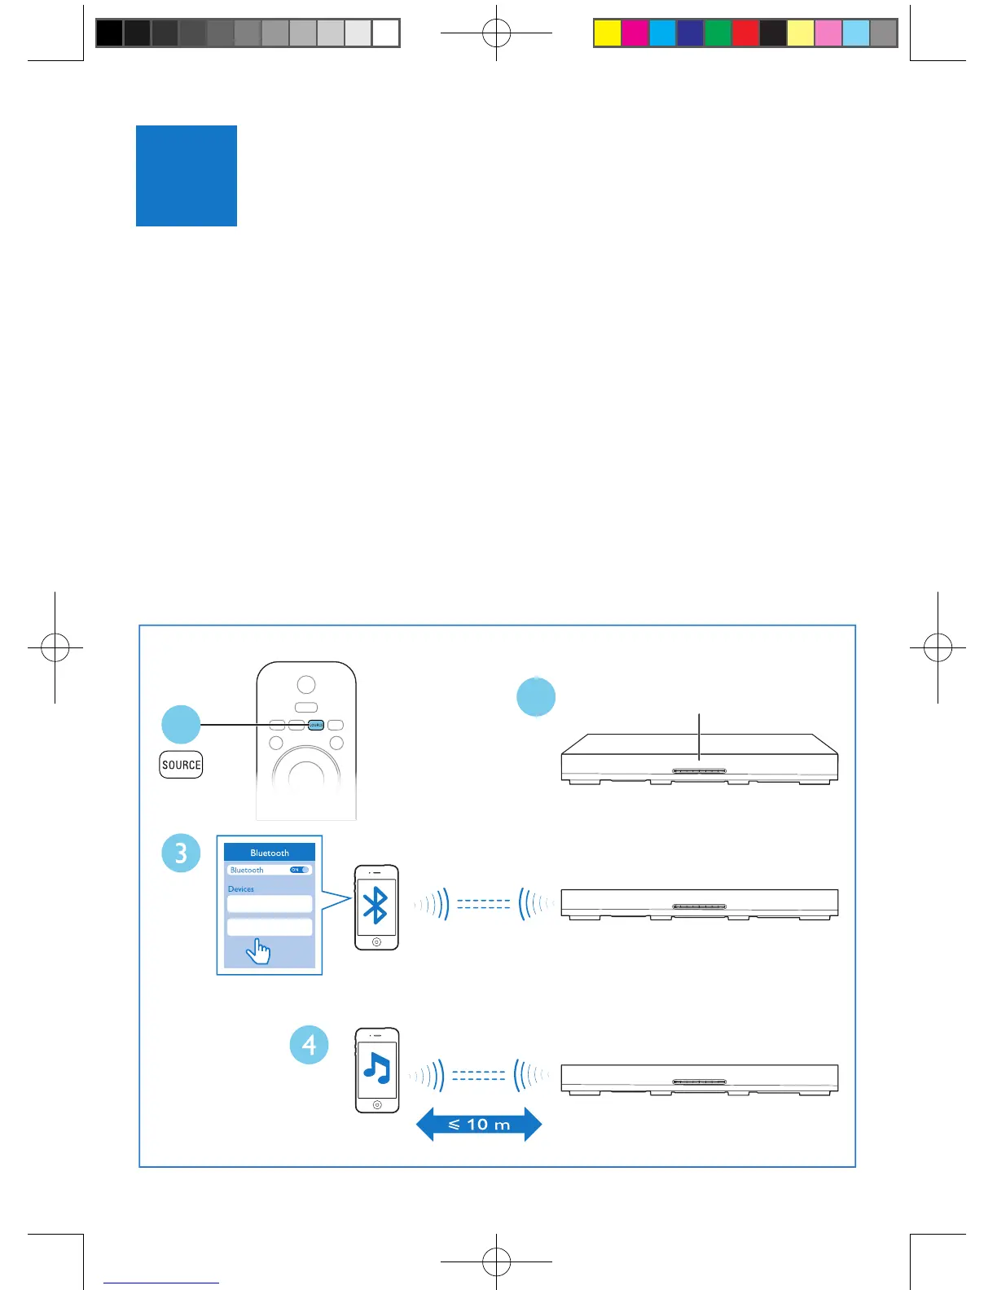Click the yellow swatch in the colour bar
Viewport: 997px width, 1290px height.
(x=608, y=33)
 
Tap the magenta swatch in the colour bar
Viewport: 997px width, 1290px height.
(x=635, y=33)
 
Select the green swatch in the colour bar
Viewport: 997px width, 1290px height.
(x=718, y=33)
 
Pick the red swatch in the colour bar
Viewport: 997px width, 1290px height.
(x=745, y=33)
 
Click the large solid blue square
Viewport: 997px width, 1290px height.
(x=187, y=176)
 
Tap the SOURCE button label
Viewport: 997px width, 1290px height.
(x=181, y=765)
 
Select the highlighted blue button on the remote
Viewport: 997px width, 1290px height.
(x=316, y=725)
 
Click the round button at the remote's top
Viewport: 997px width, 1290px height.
(x=305, y=684)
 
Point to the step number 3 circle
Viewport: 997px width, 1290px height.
(x=181, y=853)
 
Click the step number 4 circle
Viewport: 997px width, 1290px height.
(x=310, y=1045)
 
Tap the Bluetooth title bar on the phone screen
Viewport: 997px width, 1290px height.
(x=270, y=853)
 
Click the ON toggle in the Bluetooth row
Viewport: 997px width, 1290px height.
(x=299, y=870)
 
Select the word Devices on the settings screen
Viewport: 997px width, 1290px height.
(x=241, y=889)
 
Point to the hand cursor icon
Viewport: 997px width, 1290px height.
(x=259, y=950)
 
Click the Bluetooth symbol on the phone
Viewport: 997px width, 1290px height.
(x=376, y=905)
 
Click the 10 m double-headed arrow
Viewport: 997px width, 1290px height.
(x=479, y=1125)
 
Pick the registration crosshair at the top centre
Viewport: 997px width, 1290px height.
(x=496, y=33)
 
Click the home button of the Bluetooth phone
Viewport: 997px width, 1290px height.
(x=376, y=942)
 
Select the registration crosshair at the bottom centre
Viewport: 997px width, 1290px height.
(x=496, y=1261)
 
